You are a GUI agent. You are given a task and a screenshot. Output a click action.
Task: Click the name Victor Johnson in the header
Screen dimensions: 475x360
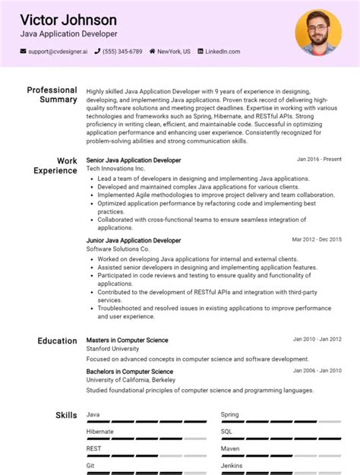tap(68, 19)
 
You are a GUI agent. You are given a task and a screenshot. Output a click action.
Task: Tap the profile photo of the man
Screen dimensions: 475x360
tap(317, 32)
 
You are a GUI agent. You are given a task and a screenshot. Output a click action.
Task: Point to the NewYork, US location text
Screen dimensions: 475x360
tap(174, 52)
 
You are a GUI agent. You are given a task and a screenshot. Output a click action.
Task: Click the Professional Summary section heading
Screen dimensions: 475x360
tap(52, 94)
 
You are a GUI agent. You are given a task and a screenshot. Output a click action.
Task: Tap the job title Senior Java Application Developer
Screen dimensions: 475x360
tap(134, 160)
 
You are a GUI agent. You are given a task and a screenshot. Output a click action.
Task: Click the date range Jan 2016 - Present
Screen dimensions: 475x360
tap(319, 160)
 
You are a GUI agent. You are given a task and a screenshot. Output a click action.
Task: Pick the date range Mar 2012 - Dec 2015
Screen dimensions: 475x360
tap(317, 239)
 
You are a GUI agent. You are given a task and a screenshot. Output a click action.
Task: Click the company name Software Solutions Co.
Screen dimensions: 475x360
tap(118, 249)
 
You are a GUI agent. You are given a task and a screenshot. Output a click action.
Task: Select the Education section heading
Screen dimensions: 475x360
tap(57, 341)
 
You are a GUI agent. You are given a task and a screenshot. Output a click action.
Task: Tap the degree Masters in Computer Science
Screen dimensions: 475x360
tap(128, 340)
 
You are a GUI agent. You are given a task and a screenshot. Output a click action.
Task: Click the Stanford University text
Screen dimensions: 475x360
tap(112, 348)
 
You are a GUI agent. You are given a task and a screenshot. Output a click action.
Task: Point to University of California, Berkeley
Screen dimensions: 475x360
tap(131, 379)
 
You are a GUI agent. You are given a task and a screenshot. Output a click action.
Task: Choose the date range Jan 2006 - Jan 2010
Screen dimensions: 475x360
tap(317, 370)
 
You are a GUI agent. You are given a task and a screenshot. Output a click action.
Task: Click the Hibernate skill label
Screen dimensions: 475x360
tap(100, 432)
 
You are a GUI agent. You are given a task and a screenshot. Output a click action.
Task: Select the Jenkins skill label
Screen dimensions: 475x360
tap(232, 465)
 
